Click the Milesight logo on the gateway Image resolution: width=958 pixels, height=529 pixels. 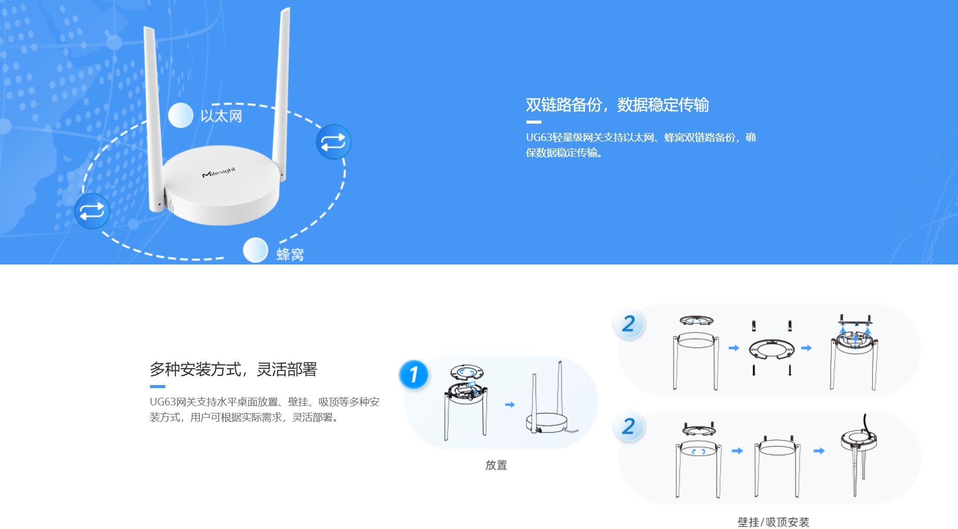point(219,172)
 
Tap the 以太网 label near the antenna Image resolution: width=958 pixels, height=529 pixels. point(221,116)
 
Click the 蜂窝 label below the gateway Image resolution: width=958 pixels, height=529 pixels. point(290,254)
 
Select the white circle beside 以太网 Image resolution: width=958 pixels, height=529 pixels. point(181,115)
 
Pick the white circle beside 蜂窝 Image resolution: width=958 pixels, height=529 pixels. point(255,250)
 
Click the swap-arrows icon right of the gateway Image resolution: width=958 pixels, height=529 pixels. point(334,142)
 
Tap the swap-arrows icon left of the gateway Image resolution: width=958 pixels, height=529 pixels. point(92,211)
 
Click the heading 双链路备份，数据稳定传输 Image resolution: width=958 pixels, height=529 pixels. point(617,105)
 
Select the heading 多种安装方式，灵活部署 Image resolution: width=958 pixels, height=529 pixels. point(233,369)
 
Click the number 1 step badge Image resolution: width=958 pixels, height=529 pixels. point(414,374)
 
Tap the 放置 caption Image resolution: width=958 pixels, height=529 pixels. point(496,465)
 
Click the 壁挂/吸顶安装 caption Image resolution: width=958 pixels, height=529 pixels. point(773,522)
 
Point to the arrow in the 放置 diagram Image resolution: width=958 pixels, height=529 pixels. point(510,404)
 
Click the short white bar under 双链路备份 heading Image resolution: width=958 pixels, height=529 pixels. point(533,122)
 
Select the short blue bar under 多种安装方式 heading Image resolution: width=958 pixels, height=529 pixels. point(157,387)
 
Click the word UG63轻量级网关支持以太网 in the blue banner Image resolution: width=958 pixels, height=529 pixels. point(590,137)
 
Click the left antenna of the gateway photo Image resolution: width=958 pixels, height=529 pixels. point(154,119)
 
